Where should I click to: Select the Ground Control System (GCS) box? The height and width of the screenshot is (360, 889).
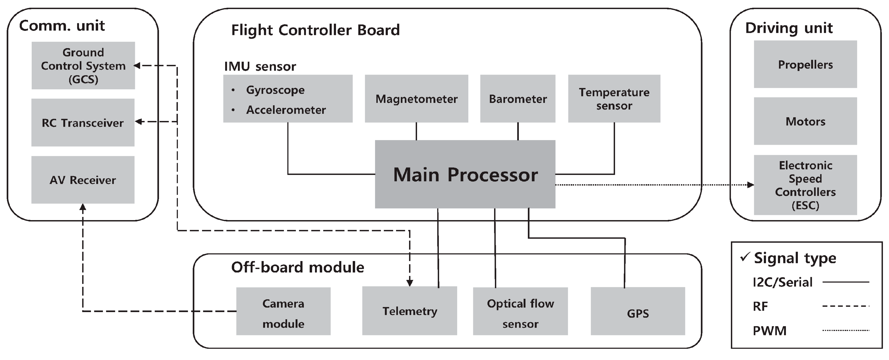tap(83, 66)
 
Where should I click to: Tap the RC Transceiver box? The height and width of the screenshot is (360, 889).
tap(83, 123)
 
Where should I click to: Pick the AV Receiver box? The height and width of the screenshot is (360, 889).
tap(83, 180)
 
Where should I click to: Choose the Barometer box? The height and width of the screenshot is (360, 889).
tap(518, 99)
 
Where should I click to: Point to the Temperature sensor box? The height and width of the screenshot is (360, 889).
tap(614, 99)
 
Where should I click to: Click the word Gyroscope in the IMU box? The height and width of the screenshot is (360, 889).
tap(275, 90)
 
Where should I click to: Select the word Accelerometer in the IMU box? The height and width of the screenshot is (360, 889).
tap(286, 110)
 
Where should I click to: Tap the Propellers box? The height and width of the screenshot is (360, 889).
tap(805, 65)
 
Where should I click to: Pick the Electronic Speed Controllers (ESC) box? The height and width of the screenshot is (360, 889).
tap(805, 185)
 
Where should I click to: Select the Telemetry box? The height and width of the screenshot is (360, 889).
tap(410, 311)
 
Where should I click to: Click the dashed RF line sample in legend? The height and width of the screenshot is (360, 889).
tap(846, 306)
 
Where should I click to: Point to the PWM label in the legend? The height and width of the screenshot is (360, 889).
tap(769, 331)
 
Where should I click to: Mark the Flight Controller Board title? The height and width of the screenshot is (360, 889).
tap(315, 30)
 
